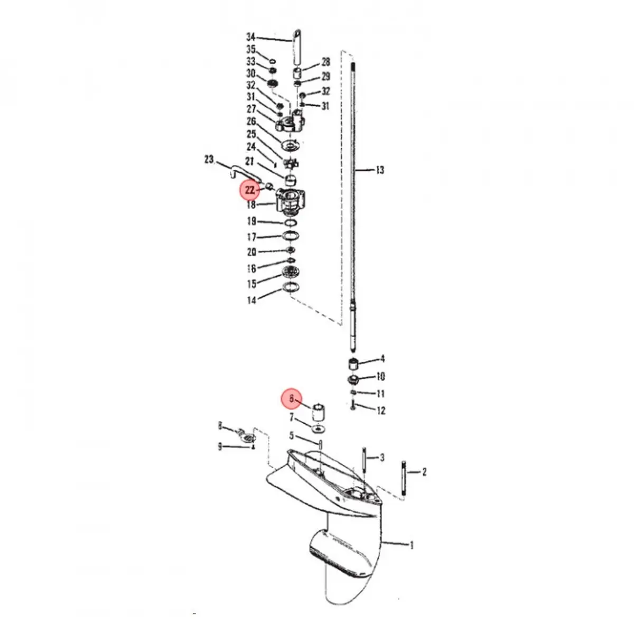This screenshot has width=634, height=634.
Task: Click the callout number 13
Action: point(379,170)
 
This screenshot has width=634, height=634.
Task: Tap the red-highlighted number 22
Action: point(250,190)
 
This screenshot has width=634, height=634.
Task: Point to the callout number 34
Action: point(250,37)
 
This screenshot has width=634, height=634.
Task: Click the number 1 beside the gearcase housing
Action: point(412,545)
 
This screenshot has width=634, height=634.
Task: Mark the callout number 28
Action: point(325,62)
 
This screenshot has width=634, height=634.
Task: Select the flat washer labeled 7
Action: point(318,427)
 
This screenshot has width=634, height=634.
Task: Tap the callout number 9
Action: point(220,447)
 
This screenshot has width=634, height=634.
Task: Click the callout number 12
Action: point(380,411)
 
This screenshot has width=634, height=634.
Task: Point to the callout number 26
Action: point(251,122)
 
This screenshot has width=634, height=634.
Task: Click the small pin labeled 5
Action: point(320,442)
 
